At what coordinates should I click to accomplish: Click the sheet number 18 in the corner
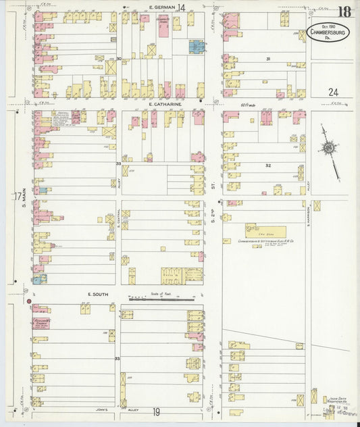345,11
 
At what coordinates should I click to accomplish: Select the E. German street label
157,7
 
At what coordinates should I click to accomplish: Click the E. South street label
99,295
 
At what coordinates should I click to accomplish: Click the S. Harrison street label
308,216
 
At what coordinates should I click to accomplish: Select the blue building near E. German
197,47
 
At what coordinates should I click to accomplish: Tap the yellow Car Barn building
265,230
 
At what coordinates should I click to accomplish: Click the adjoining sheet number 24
334,92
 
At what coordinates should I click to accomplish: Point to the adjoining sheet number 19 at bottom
156,411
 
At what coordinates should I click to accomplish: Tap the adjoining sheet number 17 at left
17,197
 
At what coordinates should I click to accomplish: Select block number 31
267,59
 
